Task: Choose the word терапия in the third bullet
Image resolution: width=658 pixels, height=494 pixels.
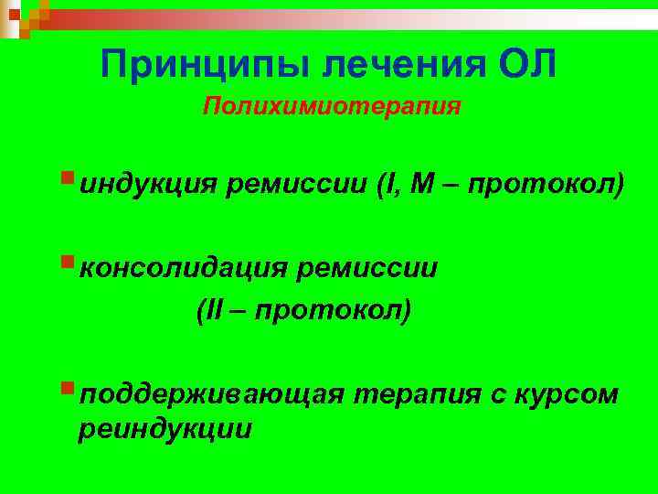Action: point(413,394)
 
